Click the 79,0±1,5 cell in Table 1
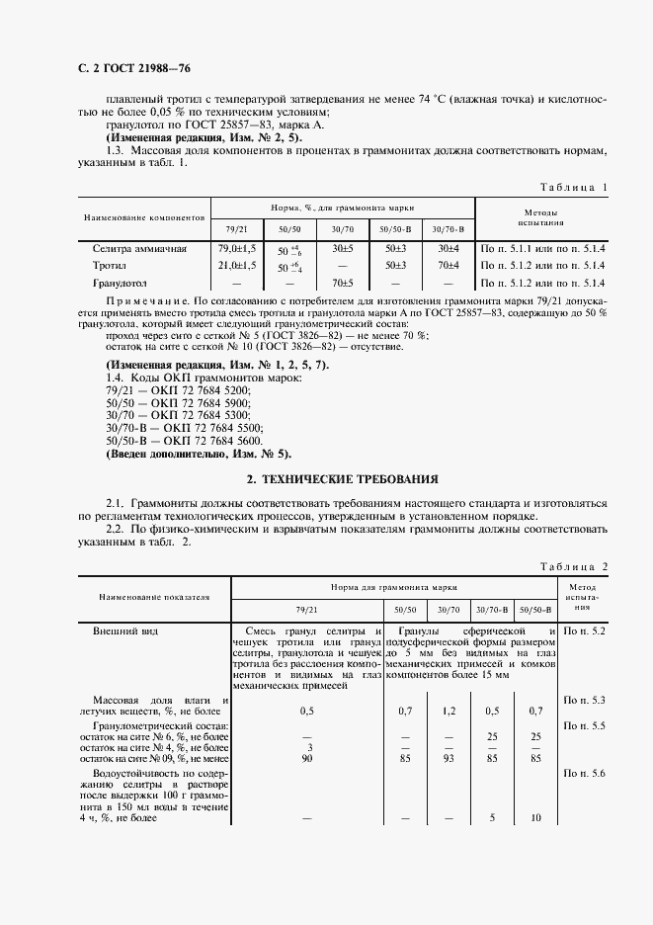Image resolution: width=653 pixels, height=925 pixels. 237,249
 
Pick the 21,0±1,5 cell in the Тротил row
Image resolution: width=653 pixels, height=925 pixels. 237,266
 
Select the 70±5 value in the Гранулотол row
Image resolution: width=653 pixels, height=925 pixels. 343,283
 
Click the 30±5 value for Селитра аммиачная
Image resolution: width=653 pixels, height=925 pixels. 343,249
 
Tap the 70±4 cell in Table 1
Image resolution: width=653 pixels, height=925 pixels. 449,266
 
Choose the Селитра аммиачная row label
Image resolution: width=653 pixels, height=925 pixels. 139,249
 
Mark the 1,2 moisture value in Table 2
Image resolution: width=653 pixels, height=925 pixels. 449,710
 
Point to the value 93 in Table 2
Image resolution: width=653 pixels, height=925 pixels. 449,759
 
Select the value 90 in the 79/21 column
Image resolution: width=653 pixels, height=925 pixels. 309,759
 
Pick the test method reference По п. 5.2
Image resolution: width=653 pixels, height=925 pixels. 584,630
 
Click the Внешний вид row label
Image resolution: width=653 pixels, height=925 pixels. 124,630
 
